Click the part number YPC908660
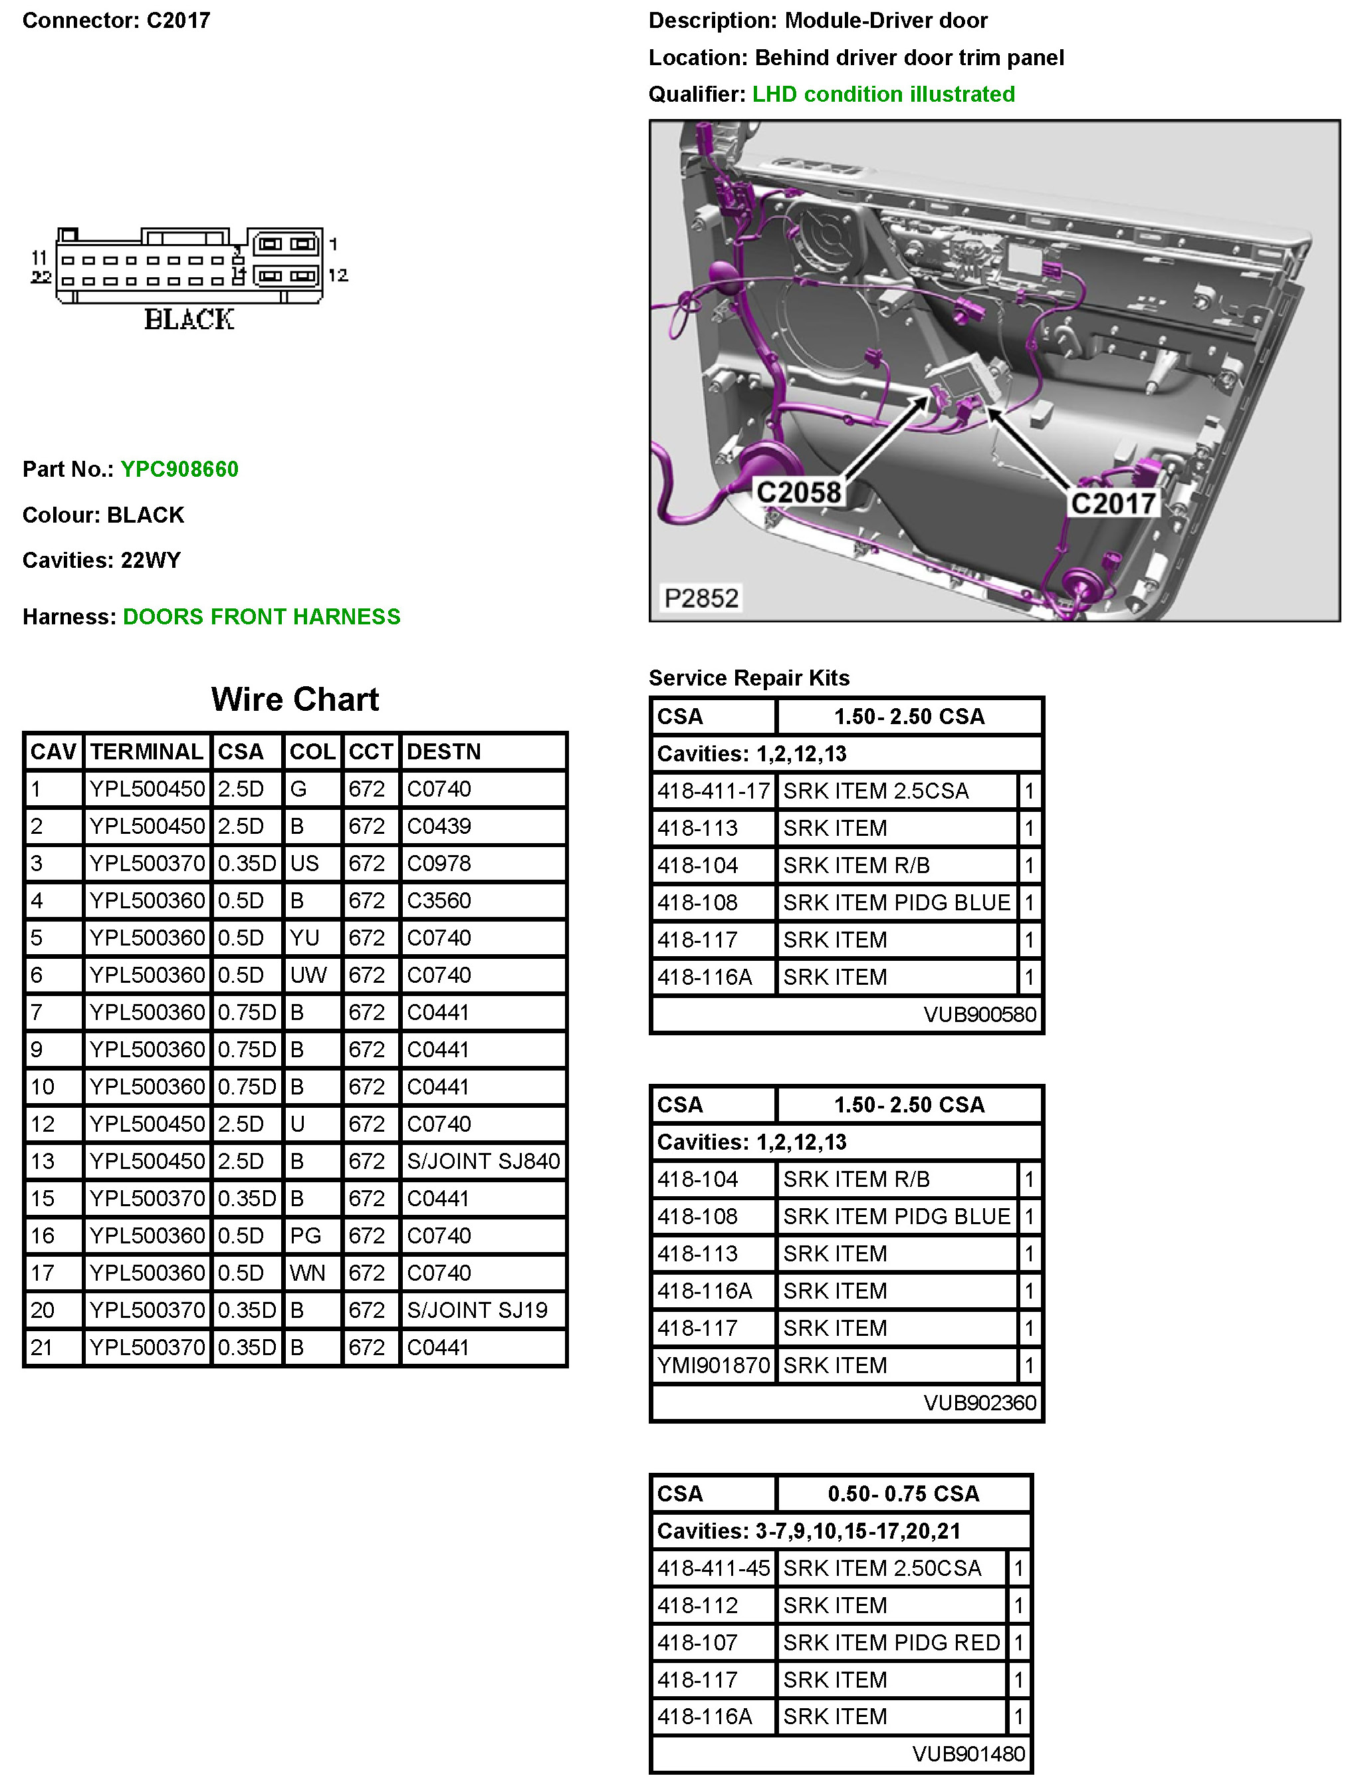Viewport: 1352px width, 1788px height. [x=179, y=469]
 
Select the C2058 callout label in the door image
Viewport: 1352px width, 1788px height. [x=798, y=491]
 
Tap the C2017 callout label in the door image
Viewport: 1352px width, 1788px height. [x=1113, y=503]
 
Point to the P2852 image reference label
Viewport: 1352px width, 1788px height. [x=701, y=598]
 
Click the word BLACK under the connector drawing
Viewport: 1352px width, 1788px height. [x=189, y=320]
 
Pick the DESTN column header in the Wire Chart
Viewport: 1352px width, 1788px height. [x=443, y=752]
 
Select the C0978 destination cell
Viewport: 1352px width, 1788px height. [x=438, y=863]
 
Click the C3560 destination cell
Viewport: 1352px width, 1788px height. [x=438, y=900]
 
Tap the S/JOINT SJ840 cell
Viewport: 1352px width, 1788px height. [x=483, y=1161]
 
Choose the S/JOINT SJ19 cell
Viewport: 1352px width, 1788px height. [x=477, y=1309]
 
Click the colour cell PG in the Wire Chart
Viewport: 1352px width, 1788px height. [x=306, y=1235]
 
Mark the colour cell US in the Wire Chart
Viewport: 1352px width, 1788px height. [x=304, y=863]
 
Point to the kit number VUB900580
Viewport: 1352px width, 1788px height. [x=980, y=1015]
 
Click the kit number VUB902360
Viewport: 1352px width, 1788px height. [x=980, y=1402]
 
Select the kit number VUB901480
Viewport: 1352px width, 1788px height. [x=968, y=1753]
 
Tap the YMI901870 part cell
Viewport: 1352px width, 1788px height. [x=713, y=1365]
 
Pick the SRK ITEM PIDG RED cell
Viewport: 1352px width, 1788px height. [x=891, y=1642]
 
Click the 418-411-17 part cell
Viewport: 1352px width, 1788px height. [x=713, y=791]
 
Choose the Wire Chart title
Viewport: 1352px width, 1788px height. [x=295, y=700]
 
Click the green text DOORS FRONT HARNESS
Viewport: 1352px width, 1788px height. [x=261, y=617]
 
